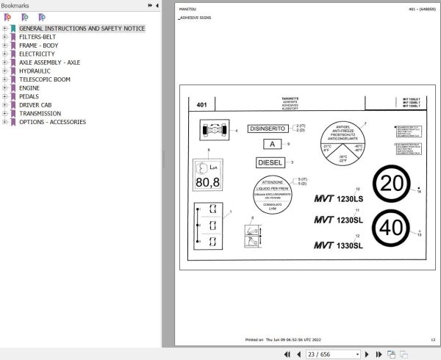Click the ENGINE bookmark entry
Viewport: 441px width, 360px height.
pyautogui.click(x=29, y=87)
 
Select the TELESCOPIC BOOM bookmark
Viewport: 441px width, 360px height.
pyautogui.click(x=45, y=79)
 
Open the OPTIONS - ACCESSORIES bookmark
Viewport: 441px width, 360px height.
pyautogui.click(x=52, y=122)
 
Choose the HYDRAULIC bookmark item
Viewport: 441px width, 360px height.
pyautogui.click(x=35, y=71)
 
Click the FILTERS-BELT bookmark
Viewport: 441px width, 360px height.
pyautogui.click(x=37, y=37)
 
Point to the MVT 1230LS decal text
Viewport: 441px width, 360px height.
pyautogui.click(x=339, y=198)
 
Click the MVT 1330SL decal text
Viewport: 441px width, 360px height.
pyautogui.click(x=339, y=245)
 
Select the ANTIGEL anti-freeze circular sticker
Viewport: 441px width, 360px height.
pyautogui.click(x=342, y=144)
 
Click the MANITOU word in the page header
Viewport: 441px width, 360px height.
pyautogui.click(x=187, y=9)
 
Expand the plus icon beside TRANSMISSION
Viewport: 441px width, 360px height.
pyautogui.click(x=5, y=114)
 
